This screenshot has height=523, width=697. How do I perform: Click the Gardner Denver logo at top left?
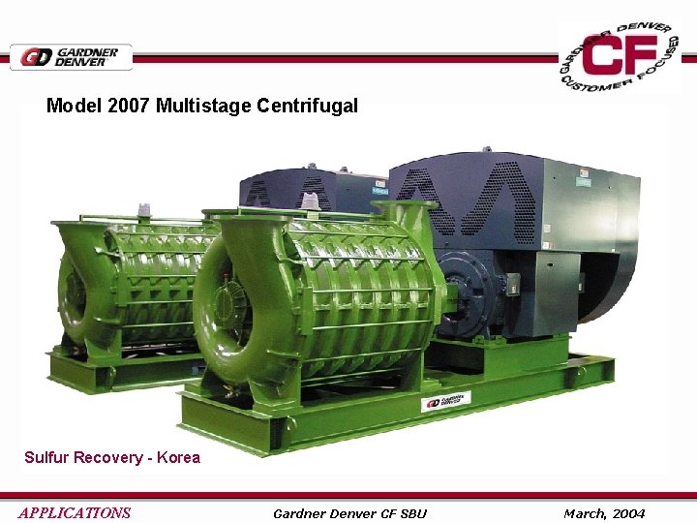click(71, 57)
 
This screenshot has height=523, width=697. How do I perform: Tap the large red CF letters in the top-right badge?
click(621, 58)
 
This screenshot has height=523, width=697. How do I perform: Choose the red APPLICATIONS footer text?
click(75, 512)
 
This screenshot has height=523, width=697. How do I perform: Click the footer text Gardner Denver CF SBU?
click(349, 512)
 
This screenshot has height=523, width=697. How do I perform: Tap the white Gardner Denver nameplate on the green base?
click(445, 400)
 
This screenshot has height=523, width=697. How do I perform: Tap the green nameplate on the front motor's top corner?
click(584, 181)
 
